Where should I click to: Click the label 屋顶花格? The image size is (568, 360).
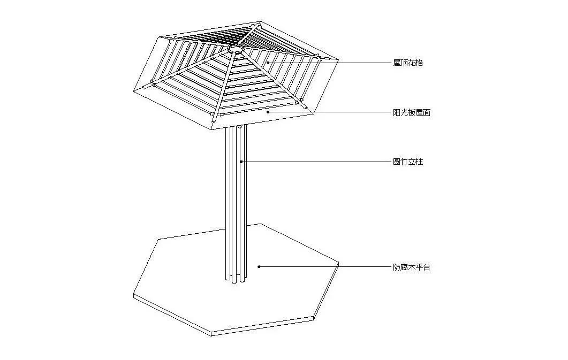pyautogui.click(x=408, y=63)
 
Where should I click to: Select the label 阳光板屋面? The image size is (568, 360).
pyautogui.click(x=412, y=112)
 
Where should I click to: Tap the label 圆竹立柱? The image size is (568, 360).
pyautogui.click(x=408, y=162)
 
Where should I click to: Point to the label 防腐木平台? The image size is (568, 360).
pyautogui.click(x=412, y=267)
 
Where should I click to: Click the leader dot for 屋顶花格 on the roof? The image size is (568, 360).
pyautogui.click(x=268, y=63)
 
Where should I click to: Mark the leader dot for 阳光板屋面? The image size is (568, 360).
pyautogui.click(x=268, y=112)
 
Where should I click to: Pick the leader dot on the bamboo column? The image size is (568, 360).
pyautogui.click(x=241, y=162)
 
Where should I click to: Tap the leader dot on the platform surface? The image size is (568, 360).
pyautogui.click(x=259, y=267)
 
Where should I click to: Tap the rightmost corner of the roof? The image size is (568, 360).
pyautogui.click(x=338, y=60)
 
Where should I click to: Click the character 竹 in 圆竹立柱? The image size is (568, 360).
pyautogui.click(x=404, y=162)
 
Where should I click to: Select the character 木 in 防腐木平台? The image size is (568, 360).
pyautogui.click(x=412, y=267)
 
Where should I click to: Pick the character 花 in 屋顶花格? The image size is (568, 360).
pyautogui.click(x=412, y=63)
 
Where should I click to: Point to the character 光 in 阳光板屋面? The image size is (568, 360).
pyautogui.click(x=404, y=112)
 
